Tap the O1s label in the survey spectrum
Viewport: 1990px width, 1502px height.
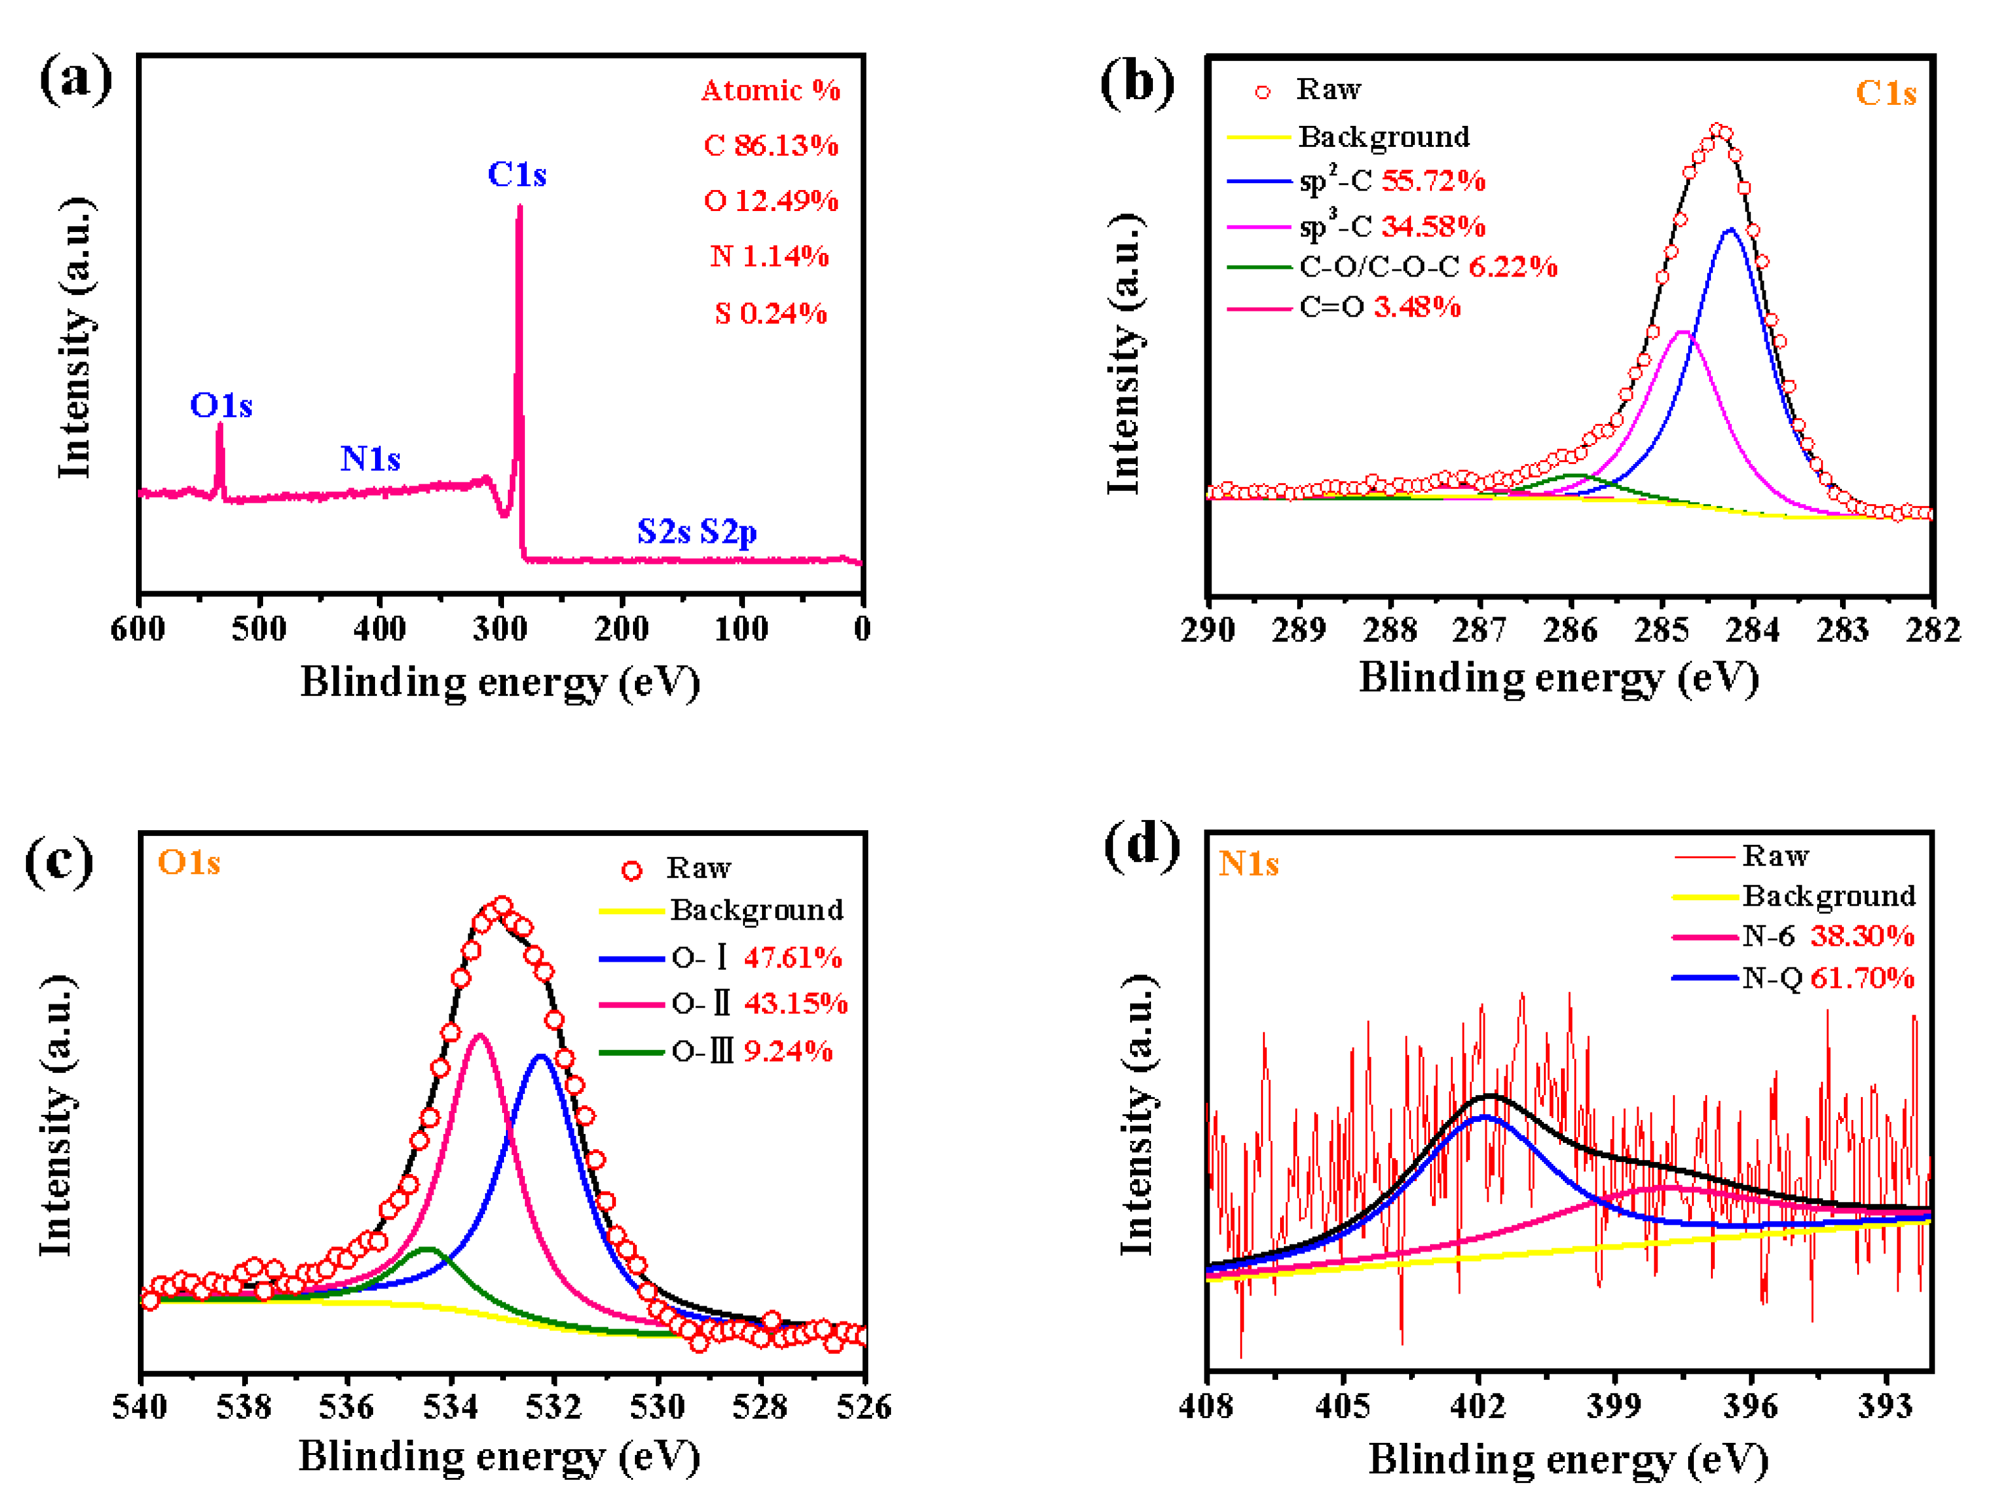pos(221,406)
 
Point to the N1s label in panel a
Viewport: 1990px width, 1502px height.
pos(370,459)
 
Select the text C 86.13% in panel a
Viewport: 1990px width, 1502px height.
pos(771,146)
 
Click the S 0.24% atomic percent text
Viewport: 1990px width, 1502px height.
pos(771,313)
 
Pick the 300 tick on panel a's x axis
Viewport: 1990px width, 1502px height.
pos(500,628)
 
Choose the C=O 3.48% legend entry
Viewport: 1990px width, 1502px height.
pos(1379,308)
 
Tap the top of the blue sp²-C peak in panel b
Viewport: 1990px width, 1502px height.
pos(1730,230)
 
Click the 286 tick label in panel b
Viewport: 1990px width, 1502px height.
pos(1570,630)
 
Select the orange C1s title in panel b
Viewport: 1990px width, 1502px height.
pos(1886,93)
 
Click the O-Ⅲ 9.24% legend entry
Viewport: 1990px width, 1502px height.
pos(751,1051)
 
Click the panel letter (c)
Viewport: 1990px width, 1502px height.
pos(59,861)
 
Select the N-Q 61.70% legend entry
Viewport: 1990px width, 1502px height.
pos(1827,978)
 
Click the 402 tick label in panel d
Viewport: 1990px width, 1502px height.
pos(1478,1407)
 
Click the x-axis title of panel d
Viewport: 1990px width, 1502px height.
pos(1567,1459)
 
